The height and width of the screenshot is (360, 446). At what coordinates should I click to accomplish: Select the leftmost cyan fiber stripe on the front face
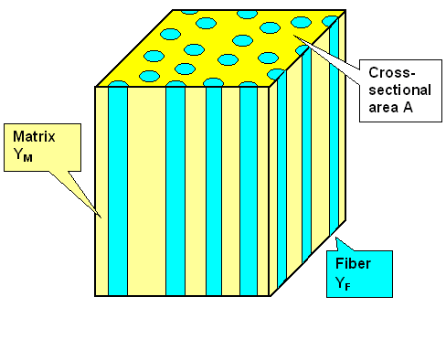point(117,192)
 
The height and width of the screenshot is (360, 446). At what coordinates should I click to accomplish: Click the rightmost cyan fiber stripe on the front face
point(248,192)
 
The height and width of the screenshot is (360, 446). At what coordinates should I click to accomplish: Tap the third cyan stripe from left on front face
point(213,192)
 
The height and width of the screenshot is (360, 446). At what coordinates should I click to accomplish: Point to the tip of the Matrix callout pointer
point(99,217)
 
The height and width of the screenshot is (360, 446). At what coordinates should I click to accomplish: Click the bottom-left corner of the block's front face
point(96,296)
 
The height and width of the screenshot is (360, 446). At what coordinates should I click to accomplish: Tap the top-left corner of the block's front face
point(96,87)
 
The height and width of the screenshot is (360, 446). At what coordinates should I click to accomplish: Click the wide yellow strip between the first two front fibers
point(146,192)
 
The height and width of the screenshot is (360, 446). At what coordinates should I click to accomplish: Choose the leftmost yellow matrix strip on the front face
point(102,192)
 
